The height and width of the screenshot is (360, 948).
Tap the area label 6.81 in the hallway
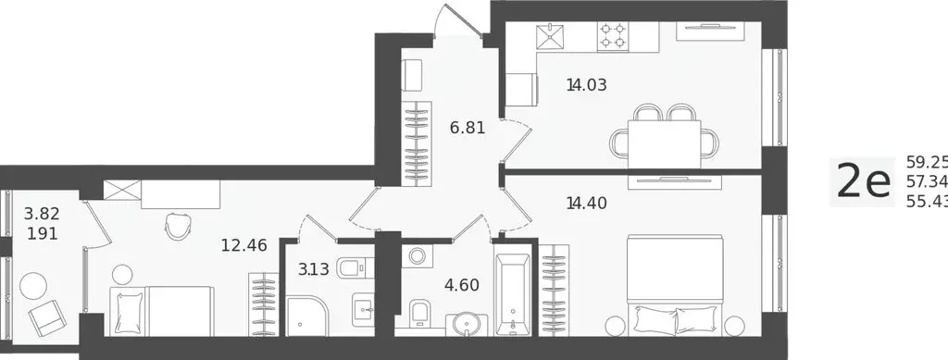[x=468, y=128]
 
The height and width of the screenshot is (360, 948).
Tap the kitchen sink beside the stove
[x=555, y=35]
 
